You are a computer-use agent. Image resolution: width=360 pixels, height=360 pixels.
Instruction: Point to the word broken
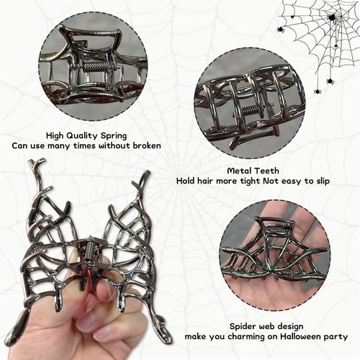click(144, 145)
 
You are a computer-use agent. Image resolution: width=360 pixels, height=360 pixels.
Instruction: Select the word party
click(333, 336)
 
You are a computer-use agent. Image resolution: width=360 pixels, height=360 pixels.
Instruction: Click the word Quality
click(86, 135)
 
